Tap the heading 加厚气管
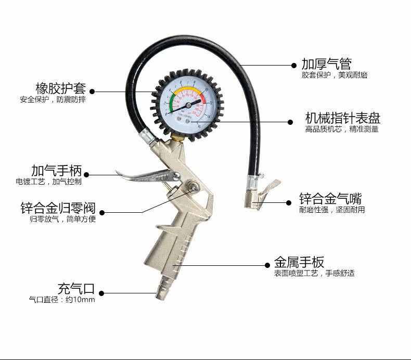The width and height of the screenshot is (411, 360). (327, 64)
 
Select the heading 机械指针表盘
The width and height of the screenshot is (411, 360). (342, 117)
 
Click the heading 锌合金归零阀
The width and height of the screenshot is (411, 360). (58, 209)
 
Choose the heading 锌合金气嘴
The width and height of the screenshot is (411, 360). (330, 199)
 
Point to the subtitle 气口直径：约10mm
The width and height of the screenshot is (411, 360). (62, 300)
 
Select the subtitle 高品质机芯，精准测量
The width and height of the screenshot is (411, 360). (342, 129)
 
